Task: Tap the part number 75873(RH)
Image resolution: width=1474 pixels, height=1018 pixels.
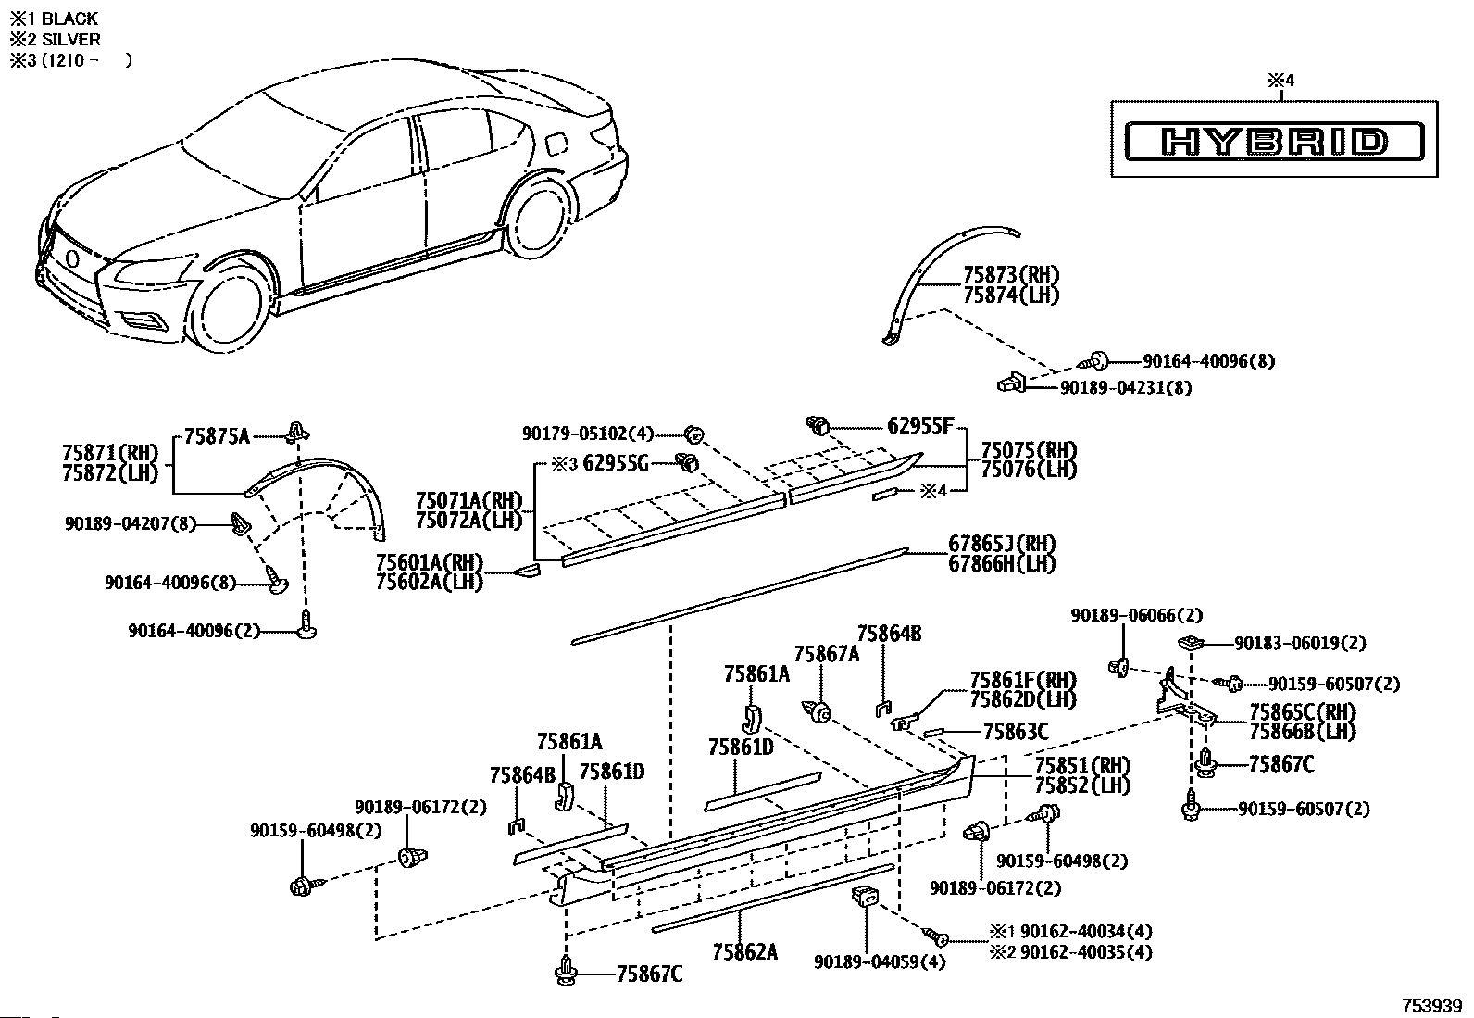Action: (x=1011, y=274)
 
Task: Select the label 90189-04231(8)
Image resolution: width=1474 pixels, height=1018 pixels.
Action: (x=1126, y=388)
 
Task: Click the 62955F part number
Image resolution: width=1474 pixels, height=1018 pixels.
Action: (x=920, y=426)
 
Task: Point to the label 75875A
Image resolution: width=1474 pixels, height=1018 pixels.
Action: (x=218, y=436)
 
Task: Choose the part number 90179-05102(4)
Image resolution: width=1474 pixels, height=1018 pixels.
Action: (x=588, y=434)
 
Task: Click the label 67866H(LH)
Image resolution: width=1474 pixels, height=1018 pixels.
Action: (x=1002, y=564)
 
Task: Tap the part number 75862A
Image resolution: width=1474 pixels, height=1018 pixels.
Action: (x=745, y=952)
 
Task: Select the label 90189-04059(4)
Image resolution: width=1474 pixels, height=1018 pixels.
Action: (x=880, y=962)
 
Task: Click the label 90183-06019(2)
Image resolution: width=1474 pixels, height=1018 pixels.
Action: (x=1300, y=644)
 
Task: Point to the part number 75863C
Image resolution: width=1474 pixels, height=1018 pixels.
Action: (x=1016, y=732)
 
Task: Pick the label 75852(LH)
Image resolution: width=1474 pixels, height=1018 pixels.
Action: (x=1082, y=785)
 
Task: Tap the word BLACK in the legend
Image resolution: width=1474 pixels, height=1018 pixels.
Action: (x=69, y=19)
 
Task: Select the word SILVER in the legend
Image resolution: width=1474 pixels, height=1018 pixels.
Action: (x=71, y=40)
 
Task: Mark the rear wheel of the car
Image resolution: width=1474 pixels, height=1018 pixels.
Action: (x=539, y=220)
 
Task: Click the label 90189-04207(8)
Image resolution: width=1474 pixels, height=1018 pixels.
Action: (x=131, y=524)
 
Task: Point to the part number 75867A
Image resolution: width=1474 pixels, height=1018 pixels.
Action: (x=827, y=654)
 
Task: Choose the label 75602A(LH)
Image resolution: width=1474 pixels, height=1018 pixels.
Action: (x=430, y=582)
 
